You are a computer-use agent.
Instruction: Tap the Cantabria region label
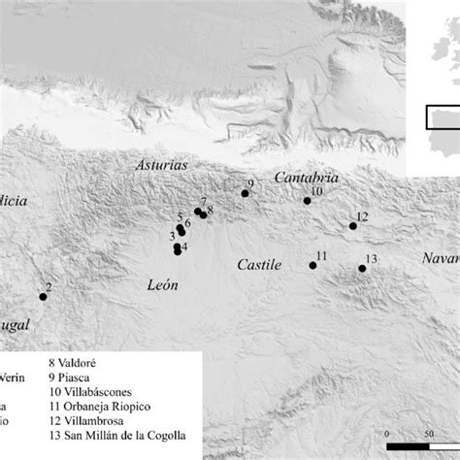tap(306, 179)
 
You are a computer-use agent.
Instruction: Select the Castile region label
tap(259, 264)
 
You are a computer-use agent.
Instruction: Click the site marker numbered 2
tap(43, 297)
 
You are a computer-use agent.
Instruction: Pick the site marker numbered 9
tap(245, 193)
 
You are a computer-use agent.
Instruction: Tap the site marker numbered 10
tap(307, 201)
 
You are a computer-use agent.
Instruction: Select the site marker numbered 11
tap(312, 264)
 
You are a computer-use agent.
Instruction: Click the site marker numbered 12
tap(352, 226)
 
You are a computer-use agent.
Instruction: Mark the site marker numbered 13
tap(362, 268)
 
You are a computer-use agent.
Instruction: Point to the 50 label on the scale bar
tap(429, 434)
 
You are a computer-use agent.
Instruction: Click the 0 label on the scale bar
tap(386, 434)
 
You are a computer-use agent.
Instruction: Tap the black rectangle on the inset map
tap(444, 117)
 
